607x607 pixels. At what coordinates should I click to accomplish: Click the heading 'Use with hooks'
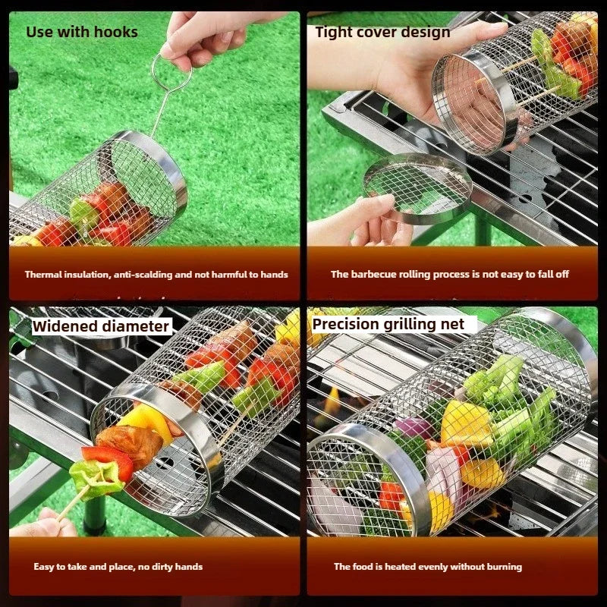(82, 32)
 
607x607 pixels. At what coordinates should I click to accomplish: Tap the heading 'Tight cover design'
(382, 32)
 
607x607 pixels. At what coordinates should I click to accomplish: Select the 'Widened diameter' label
(101, 326)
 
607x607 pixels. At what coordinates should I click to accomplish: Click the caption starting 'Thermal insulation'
(156, 275)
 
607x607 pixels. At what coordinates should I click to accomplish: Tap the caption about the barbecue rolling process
(449, 275)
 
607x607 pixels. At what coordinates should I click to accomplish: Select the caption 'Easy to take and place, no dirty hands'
(118, 567)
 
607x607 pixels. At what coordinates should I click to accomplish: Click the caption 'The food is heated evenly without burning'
(428, 567)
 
